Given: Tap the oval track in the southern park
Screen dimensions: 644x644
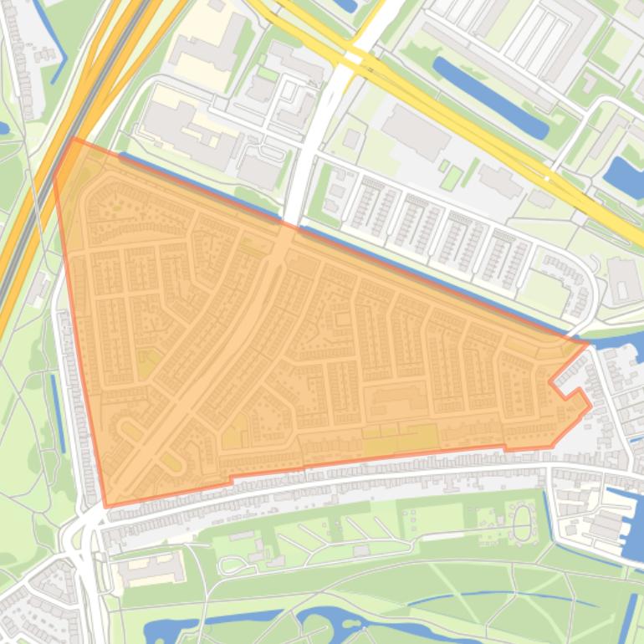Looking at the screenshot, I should point(522,524).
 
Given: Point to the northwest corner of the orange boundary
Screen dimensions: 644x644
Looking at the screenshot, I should point(74,140).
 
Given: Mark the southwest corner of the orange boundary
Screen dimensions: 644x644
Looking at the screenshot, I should point(106,505).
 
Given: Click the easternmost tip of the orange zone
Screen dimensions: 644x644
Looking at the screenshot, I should point(589,342).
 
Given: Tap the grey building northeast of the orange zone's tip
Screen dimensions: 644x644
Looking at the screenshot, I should point(623,281).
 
